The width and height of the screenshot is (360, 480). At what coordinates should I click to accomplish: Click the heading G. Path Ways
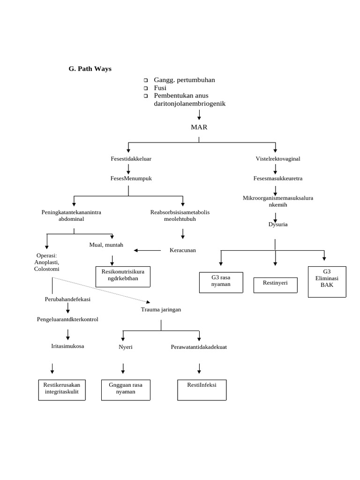[x=90, y=69]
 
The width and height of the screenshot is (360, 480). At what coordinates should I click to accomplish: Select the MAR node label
[x=199, y=127]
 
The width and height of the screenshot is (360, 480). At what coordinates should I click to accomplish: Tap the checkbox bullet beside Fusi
[x=146, y=88]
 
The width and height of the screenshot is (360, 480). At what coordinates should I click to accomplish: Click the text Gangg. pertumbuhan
[x=184, y=80]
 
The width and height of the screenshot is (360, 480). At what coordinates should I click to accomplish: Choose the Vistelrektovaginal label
[x=277, y=159]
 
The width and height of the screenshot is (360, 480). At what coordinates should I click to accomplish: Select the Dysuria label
[x=277, y=225]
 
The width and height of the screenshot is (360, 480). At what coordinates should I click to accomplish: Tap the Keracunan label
[x=182, y=250]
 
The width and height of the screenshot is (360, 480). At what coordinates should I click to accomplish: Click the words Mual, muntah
[x=106, y=245]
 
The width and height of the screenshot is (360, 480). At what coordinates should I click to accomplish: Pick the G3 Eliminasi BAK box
[x=327, y=281]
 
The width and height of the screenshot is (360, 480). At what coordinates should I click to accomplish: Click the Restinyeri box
[x=275, y=285]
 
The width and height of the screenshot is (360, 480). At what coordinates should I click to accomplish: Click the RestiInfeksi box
[x=202, y=390]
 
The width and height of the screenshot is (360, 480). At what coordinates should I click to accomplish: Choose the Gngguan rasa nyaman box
[x=126, y=390]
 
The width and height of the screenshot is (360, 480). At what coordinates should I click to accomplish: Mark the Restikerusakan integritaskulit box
[x=61, y=390]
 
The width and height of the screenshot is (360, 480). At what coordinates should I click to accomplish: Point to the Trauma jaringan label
[x=161, y=310]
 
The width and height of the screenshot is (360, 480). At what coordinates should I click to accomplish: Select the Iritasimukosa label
[x=67, y=346]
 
